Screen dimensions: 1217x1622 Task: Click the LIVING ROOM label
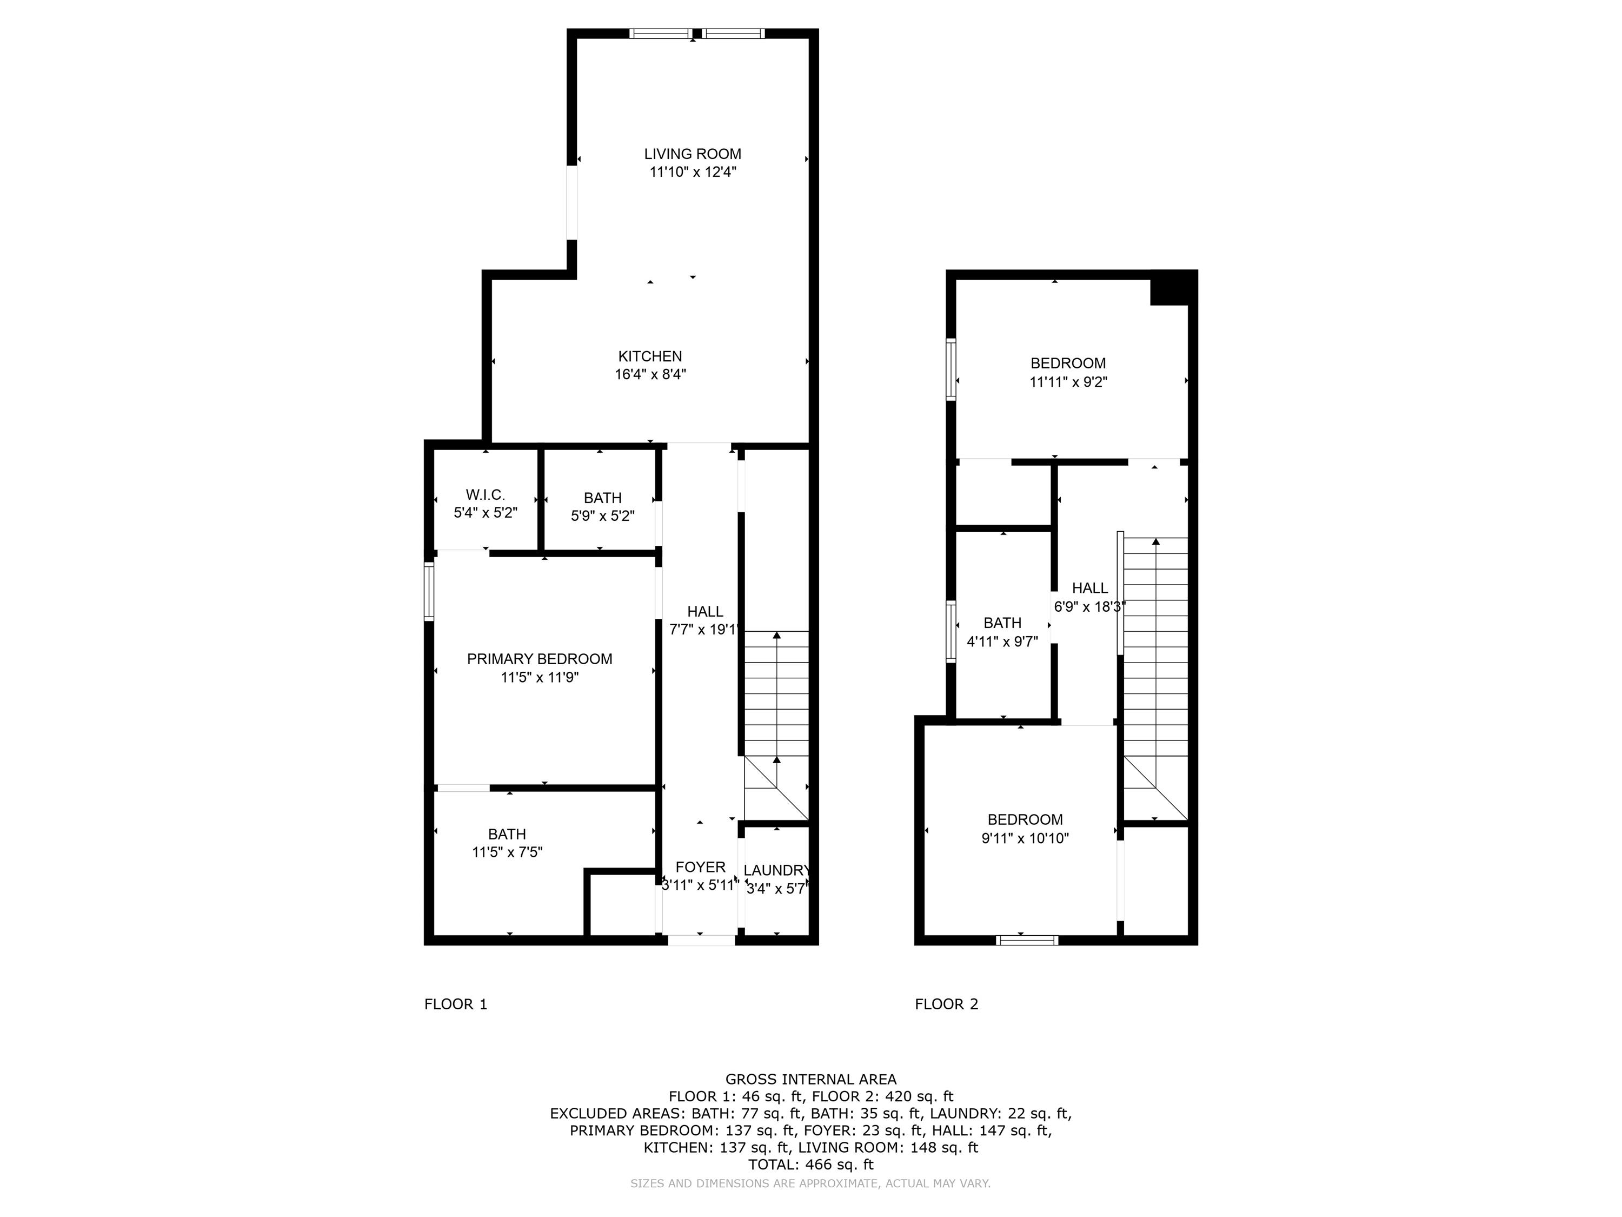pos(692,154)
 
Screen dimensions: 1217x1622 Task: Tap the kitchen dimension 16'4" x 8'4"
pos(650,375)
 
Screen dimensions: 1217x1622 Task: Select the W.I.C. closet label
pos(486,495)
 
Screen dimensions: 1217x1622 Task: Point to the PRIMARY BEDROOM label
pos(539,659)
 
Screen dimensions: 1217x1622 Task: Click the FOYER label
pos(700,867)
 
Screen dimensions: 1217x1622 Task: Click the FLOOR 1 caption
pos(455,1004)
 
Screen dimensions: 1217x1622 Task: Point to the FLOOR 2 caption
pos(946,1004)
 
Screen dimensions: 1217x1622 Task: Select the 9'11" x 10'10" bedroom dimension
pos(1025,838)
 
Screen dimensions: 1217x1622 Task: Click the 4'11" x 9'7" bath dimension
pos(1002,642)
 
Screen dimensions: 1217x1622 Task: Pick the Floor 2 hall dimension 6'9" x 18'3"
pos(1089,607)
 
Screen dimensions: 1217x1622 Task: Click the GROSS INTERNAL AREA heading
pos(810,1079)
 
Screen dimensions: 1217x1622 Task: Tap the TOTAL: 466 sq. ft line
pos(810,1164)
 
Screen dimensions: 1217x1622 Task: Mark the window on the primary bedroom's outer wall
pos(429,591)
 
